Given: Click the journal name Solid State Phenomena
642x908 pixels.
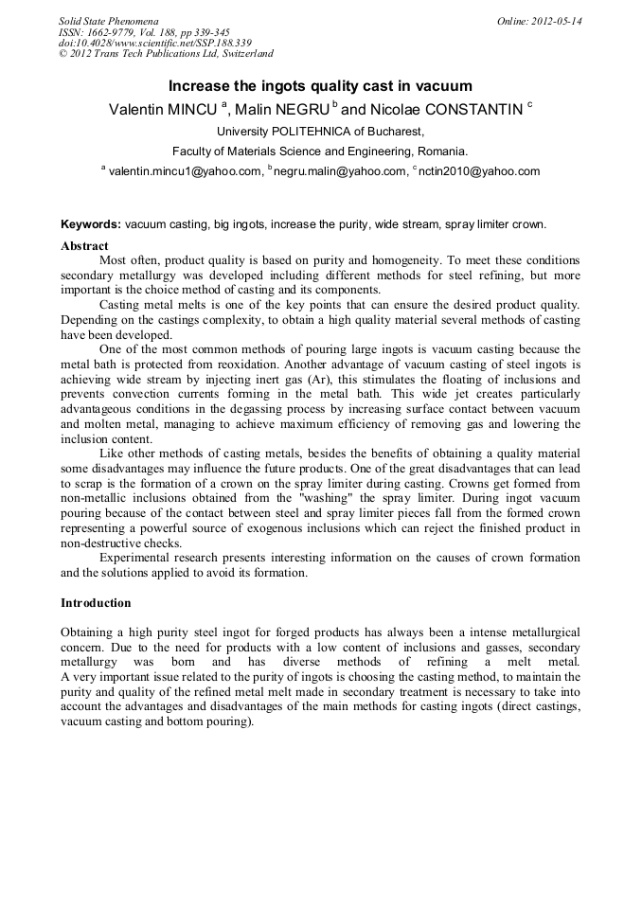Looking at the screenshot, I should (x=108, y=20).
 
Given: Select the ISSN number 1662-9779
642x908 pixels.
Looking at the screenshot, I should (x=115, y=31).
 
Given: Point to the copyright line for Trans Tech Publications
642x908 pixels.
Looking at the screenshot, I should (x=166, y=54).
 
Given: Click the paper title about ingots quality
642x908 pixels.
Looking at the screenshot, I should (x=320, y=86).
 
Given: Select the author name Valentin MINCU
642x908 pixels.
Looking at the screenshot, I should (x=163, y=110).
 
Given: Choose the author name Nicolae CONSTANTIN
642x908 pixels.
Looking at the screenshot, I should (x=451, y=110).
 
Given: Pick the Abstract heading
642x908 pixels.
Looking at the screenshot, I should (x=84, y=245).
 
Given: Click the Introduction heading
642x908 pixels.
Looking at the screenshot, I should (x=96, y=602).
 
